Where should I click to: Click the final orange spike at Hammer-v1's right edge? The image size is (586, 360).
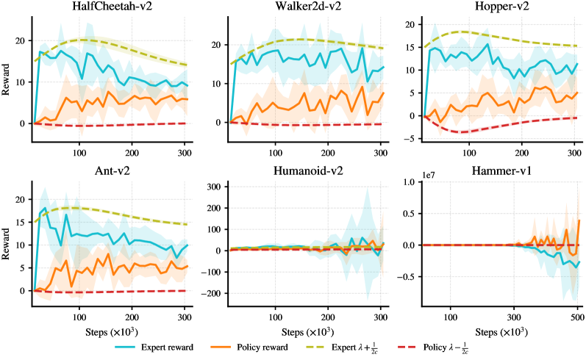[579, 220]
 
